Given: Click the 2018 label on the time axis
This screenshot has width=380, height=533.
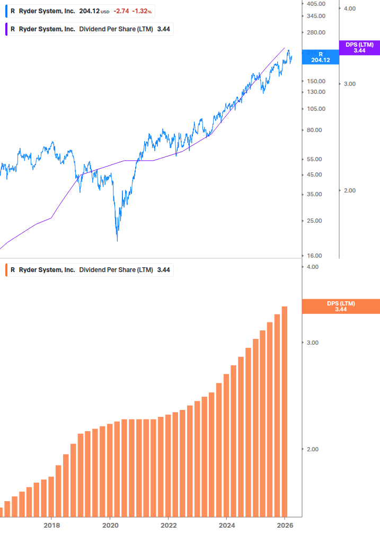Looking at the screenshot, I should pyautogui.click(x=51, y=525).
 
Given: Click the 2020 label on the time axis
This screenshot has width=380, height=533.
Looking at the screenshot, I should pyautogui.click(x=110, y=525).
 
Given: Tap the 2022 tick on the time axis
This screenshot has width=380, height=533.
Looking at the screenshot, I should pyautogui.click(x=168, y=525).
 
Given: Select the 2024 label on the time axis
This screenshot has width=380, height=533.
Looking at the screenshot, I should pyautogui.click(x=226, y=525).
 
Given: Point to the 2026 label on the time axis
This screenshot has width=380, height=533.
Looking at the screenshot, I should pyautogui.click(x=285, y=525).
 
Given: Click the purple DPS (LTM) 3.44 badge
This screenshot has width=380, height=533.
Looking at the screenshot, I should pyautogui.click(x=359, y=48).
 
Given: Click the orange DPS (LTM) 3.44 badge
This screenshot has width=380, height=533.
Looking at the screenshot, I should pyautogui.click(x=341, y=306).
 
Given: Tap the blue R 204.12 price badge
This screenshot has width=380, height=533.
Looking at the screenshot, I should pyautogui.click(x=320, y=57).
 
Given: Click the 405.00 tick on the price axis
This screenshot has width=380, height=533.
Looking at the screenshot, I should pyautogui.click(x=316, y=4).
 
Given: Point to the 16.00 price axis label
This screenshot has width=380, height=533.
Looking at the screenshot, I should pyautogui.click(x=314, y=256).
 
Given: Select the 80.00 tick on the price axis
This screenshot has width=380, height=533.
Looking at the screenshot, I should pyautogui.click(x=314, y=130).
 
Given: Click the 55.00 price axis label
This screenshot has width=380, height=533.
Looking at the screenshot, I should pyautogui.click(x=314, y=159).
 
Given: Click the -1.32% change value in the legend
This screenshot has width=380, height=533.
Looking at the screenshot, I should pyautogui.click(x=142, y=11).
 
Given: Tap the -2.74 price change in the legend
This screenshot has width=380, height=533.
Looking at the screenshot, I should pyautogui.click(x=121, y=11).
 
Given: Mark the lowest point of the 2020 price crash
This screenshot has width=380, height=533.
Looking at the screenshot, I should pyautogui.click(x=117, y=241).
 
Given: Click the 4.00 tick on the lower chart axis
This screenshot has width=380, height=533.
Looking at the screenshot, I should pyautogui.click(x=313, y=267).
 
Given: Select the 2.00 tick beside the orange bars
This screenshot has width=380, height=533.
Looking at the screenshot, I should pyautogui.click(x=313, y=449).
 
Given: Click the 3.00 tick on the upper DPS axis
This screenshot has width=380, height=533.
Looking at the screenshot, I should pyautogui.click(x=350, y=84).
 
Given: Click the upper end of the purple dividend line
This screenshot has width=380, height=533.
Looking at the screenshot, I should pyautogui.click(x=285, y=48).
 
